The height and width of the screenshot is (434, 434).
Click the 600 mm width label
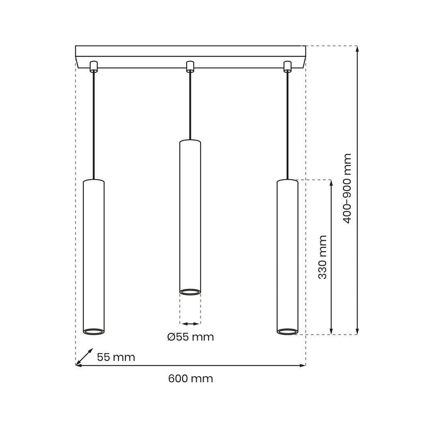pyautogui.click(x=190, y=379)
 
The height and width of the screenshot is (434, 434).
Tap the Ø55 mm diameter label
pyautogui.click(x=190, y=337)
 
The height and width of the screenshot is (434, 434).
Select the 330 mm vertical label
pyautogui.click(x=322, y=257)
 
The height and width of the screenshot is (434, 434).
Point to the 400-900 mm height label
pyautogui.click(x=347, y=188)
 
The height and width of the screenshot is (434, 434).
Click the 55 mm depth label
pyautogui.click(x=116, y=357)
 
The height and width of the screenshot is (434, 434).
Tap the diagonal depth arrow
pyautogui.click(x=84, y=357)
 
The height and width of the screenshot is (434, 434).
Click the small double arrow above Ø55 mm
pyautogui.click(x=190, y=323)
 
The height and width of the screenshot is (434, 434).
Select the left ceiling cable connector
pyautogui.click(x=94, y=66)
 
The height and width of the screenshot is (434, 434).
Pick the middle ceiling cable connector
pyautogui.click(x=190, y=66)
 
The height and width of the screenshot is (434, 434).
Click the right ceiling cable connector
pyautogui.click(x=288, y=66)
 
